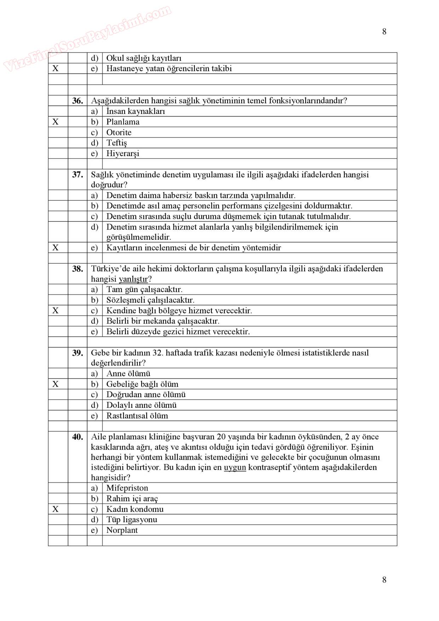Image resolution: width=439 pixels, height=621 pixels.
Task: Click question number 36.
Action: [x=78, y=101]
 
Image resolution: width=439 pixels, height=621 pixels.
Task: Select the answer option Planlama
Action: [x=123, y=122]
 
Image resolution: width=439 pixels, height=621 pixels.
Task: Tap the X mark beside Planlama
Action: [x=56, y=122]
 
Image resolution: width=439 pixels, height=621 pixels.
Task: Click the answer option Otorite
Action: [x=119, y=132]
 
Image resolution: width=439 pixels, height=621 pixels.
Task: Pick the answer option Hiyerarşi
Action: [x=123, y=153]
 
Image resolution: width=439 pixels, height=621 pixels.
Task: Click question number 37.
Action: [x=78, y=175]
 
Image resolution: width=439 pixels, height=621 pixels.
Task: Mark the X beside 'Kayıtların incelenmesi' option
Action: [x=56, y=247]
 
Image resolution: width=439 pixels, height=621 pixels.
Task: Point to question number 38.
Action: [x=78, y=269]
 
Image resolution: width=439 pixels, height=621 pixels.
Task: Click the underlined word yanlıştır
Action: [x=133, y=279]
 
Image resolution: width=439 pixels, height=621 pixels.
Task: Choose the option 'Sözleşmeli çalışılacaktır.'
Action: [x=150, y=300]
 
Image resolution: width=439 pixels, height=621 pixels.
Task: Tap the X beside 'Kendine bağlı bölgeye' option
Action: [x=56, y=310]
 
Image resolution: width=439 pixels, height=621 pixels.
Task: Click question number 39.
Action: [x=78, y=353]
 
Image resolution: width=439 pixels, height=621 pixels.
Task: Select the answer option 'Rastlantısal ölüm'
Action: [x=137, y=416]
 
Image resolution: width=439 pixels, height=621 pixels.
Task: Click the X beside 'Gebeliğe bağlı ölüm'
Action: [x=56, y=384]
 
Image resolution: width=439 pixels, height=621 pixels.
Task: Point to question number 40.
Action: [x=78, y=437]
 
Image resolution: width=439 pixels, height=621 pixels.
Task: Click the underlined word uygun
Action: [x=235, y=467]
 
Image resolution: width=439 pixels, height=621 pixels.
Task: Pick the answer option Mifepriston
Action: [x=127, y=488]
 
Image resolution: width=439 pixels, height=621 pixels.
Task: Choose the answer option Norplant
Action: [x=122, y=530]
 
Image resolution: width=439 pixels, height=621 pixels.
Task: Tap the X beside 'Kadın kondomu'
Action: [x=56, y=509]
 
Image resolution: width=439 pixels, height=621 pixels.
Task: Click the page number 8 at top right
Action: [x=384, y=32]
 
